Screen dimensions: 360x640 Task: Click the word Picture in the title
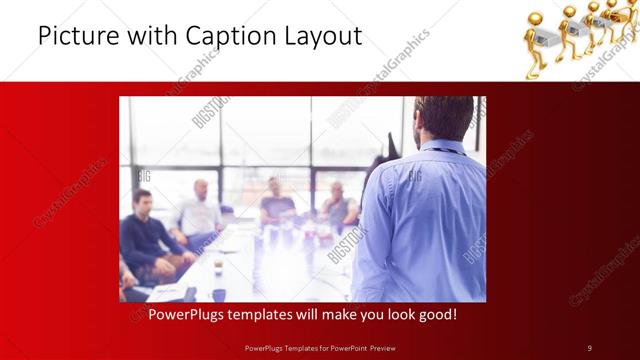[x=79, y=37]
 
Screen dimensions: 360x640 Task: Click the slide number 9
[x=589, y=347]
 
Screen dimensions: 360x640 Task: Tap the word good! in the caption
[x=437, y=314]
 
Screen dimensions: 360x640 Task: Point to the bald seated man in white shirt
[x=200, y=210]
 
